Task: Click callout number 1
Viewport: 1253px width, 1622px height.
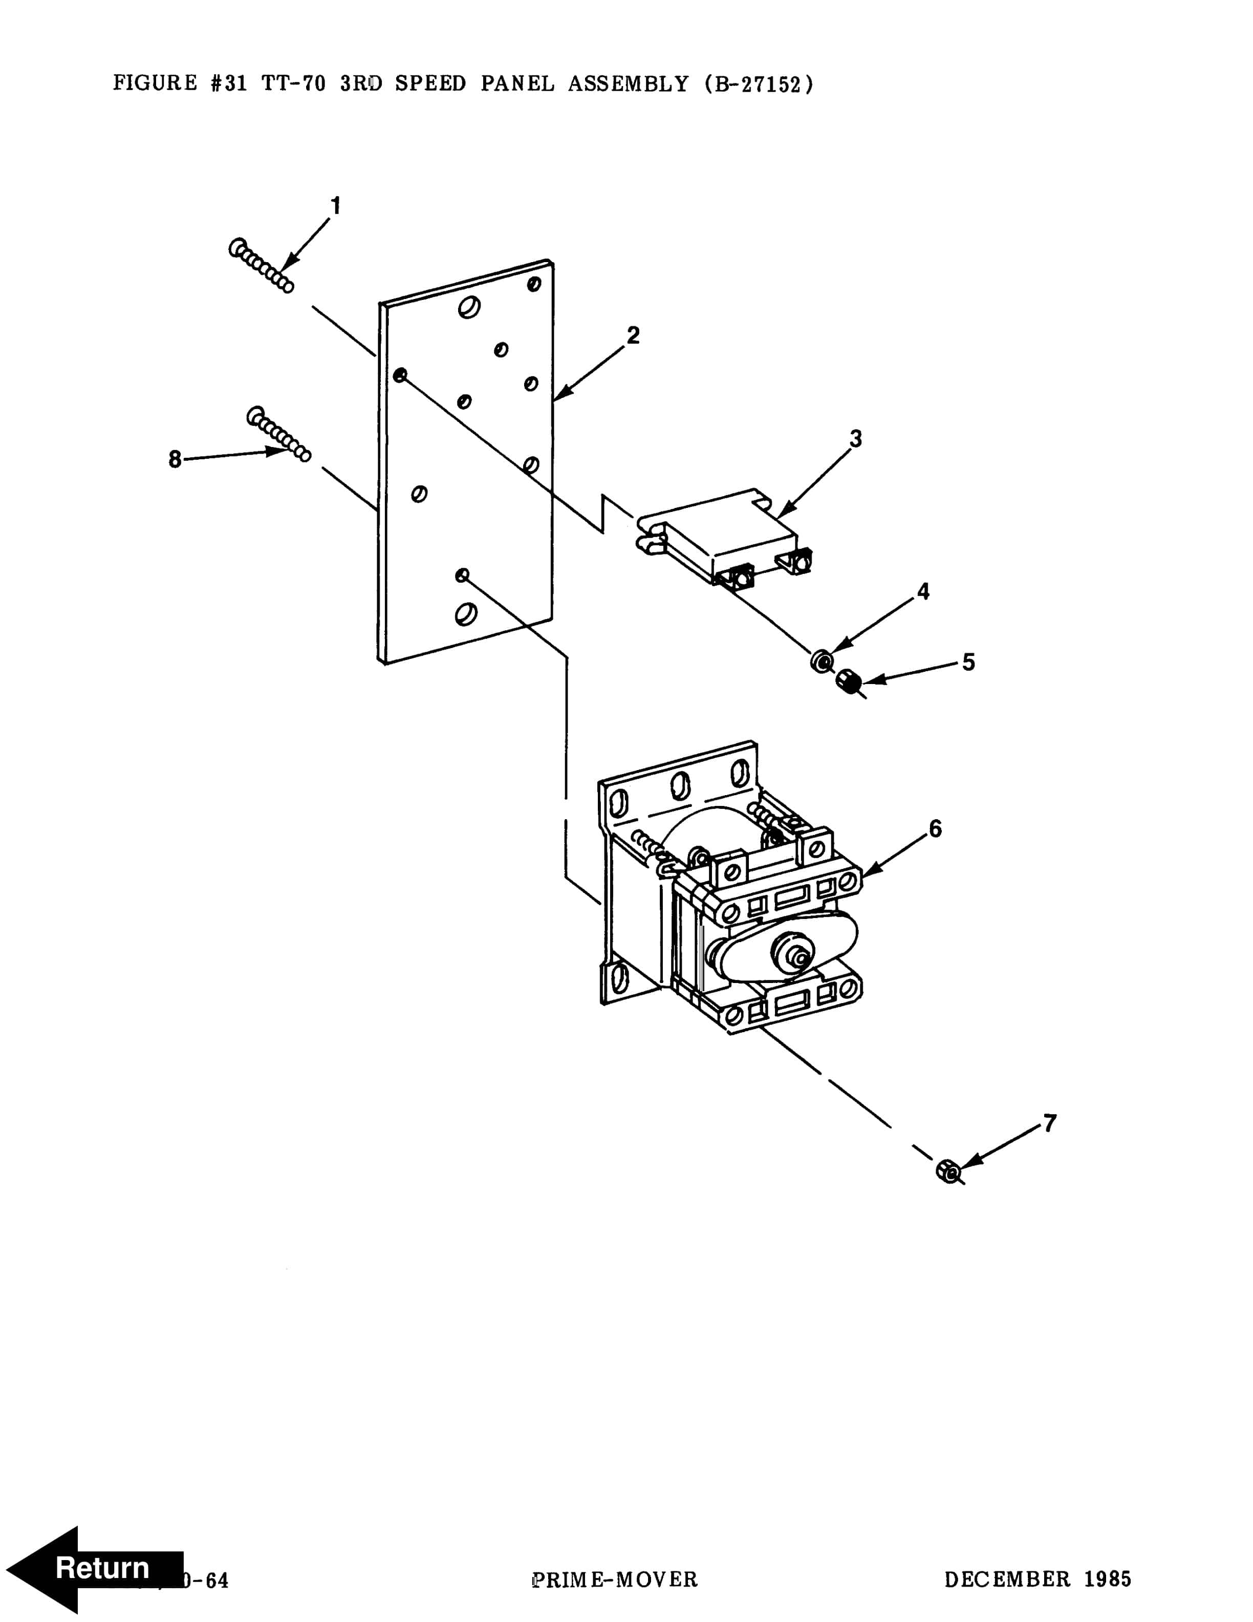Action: pos(336,206)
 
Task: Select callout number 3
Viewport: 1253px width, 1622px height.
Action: pos(855,439)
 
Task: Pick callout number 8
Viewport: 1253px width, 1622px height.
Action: pos(175,460)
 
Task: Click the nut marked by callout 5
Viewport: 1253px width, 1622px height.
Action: pos(848,679)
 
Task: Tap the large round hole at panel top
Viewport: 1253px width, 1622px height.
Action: pos(468,306)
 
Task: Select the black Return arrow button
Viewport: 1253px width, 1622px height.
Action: pos(93,1568)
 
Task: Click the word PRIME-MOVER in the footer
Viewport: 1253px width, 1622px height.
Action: pos(615,1580)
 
